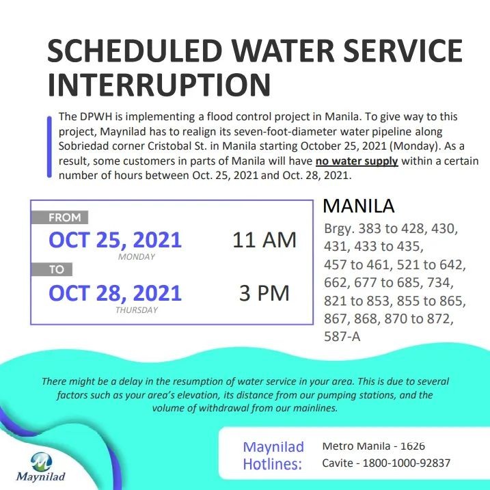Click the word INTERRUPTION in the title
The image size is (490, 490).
point(159,84)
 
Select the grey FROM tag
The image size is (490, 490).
point(59,217)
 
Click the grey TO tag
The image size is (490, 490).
point(52,269)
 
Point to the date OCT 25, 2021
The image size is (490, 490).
point(115,240)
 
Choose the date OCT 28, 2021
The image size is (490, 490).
point(115,293)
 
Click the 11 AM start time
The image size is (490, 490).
point(264,240)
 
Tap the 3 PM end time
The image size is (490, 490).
point(264,293)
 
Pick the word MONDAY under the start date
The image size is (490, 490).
point(137,257)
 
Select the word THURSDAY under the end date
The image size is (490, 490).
point(137,310)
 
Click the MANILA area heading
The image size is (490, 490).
point(358,206)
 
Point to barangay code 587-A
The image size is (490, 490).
point(342,336)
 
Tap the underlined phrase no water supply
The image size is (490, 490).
point(357,161)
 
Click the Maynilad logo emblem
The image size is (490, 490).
point(42,461)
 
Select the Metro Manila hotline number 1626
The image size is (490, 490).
point(413,446)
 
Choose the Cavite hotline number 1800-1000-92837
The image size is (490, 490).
point(406,463)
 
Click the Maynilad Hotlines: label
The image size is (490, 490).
point(273,455)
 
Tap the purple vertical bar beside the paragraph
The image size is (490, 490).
point(49,147)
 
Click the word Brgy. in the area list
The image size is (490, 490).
point(340,229)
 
